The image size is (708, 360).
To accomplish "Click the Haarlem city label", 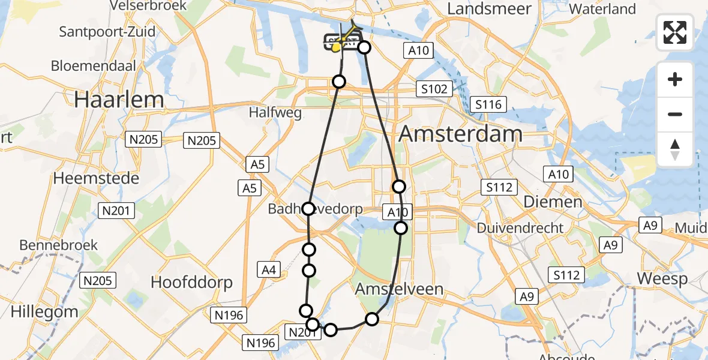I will (x=119, y=100).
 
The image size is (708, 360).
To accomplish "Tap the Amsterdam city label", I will (x=460, y=134).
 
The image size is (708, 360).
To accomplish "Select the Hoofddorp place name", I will (x=191, y=282).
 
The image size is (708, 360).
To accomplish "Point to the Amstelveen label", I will (x=399, y=289).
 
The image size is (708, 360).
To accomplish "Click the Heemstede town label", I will (x=96, y=178).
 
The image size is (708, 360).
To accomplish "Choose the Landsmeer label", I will (x=489, y=9).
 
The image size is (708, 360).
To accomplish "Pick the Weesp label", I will (x=662, y=279).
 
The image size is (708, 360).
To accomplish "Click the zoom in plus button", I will (x=675, y=80).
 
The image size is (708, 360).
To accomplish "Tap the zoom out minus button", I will (x=675, y=115).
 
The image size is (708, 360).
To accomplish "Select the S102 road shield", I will (x=434, y=89).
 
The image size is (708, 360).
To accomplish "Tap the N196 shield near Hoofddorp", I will (x=232, y=314).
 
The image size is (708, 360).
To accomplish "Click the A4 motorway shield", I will (x=269, y=270).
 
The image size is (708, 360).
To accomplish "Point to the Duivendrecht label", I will (x=520, y=228).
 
